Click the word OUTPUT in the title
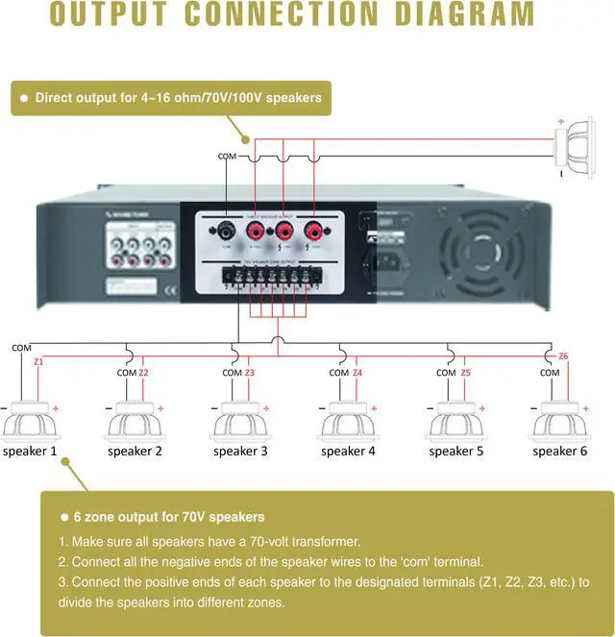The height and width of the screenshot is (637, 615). (x=113, y=14)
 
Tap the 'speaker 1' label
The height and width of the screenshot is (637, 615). (x=29, y=450)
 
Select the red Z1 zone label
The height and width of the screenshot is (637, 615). (x=38, y=362)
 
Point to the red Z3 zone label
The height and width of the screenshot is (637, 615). (x=250, y=373)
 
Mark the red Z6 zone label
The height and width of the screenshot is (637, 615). (x=563, y=356)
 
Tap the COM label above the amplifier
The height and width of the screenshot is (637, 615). (x=227, y=156)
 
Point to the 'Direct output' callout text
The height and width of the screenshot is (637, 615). (x=178, y=97)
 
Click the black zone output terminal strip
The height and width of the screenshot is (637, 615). (x=265, y=278)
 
